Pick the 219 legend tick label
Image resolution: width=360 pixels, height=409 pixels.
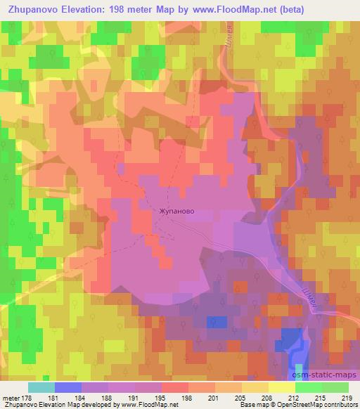(x=346, y=398)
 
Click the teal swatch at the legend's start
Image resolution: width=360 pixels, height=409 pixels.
(x=41, y=387)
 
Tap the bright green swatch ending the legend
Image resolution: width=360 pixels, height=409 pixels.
(x=335, y=387)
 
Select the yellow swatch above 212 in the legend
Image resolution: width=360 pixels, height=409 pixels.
(x=281, y=387)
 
